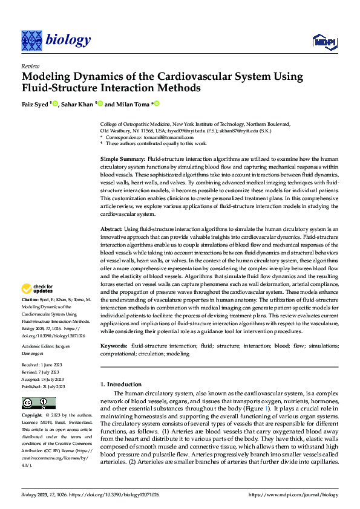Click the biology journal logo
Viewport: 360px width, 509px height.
[56, 40]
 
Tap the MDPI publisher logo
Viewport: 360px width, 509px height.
[324, 41]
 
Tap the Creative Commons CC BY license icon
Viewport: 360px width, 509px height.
[39, 403]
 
